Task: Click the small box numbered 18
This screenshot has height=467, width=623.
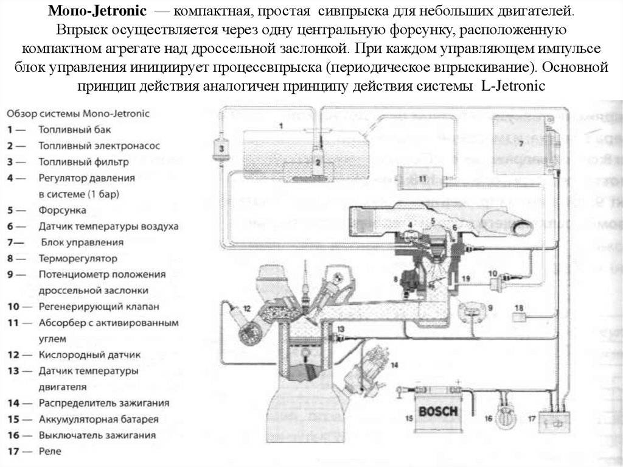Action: click(x=519, y=315)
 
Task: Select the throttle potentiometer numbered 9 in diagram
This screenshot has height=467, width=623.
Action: click(x=473, y=309)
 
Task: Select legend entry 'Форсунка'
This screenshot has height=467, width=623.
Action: click(x=62, y=210)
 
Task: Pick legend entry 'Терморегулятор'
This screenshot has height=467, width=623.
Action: click(x=78, y=258)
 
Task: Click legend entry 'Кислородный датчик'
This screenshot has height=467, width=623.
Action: click(x=89, y=354)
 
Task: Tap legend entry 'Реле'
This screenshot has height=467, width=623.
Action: click(x=49, y=452)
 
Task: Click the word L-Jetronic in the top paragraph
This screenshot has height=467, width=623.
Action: click(x=513, y=86)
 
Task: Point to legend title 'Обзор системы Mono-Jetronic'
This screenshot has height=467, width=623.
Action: click(x=78, y=114)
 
